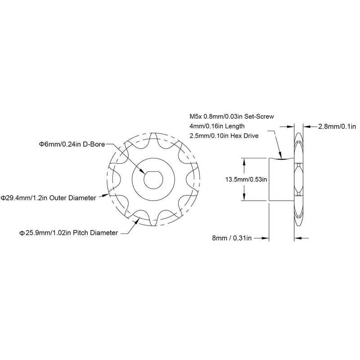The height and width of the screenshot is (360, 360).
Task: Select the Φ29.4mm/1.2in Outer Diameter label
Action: pyautogui.click(x=49, y=198)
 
